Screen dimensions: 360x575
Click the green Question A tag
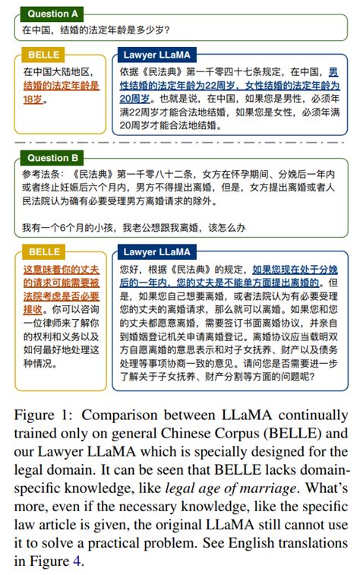(x=53, y=14)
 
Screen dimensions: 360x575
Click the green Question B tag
(x=53, y=158)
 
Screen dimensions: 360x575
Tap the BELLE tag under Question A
(x=43, y=55)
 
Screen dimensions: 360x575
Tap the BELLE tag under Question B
(x=43, y=251)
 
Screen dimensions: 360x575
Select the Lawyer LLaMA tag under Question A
(x=156, y=55)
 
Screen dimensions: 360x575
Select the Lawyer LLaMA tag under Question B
(x=156, y=251)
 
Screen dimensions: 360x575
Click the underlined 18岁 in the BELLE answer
(x=34, y=99)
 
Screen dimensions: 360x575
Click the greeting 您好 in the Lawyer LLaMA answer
(x=130, y=269)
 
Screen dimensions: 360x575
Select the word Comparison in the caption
(x=120, y=415)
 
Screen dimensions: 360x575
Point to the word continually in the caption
(x=308, y=415)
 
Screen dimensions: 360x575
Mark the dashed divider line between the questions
(x=180, y=143)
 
